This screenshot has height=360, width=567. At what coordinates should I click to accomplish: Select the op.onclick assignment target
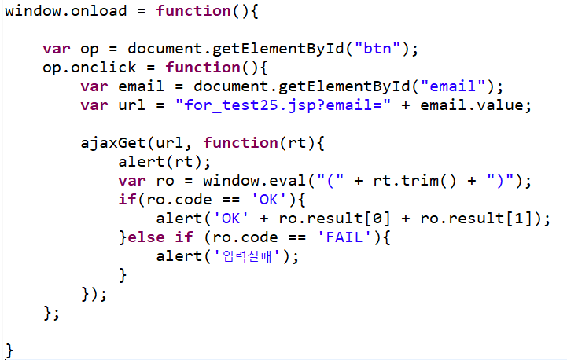click(x=90, y=67)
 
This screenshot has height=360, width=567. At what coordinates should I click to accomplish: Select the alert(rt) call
click(x=165, y=162)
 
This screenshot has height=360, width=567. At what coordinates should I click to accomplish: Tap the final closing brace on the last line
click(x=9, y=348)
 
